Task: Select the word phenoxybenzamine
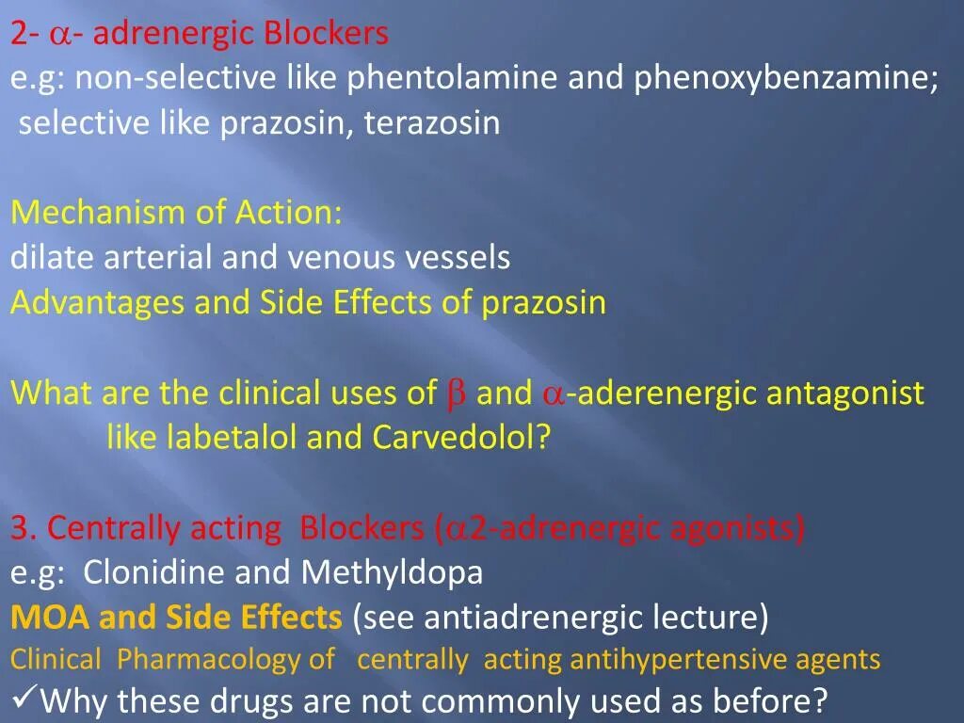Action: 785,79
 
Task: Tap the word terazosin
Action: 432,123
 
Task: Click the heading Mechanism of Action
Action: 177,213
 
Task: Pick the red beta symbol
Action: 456,394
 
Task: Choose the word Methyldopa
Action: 393,572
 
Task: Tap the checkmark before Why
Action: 24,699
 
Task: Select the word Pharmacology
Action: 226,660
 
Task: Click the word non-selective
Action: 176,79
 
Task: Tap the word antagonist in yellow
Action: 845,394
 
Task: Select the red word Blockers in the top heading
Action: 326,34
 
